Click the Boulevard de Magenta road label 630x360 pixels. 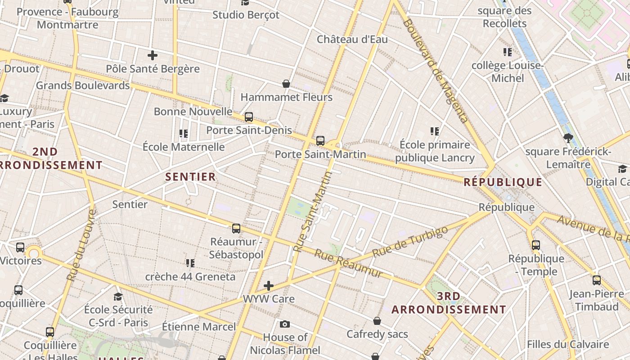pos(436,71)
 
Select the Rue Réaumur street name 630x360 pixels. pos(348,263)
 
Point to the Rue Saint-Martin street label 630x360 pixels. pos(312,211)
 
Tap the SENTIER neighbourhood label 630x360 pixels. pos(190,177)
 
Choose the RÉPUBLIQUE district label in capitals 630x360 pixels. pos(503,182)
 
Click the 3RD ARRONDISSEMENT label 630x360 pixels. pos(449,303)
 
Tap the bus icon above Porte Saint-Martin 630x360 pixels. pos(320,141)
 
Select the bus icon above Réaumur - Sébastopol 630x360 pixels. pos(236,228)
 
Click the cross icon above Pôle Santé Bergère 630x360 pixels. pos(153,55)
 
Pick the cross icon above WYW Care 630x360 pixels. pos(269,286)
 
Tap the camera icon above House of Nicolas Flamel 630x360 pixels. pos(285,324)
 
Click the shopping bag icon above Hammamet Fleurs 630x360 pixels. pos(286,84)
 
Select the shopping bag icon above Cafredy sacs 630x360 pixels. pos(377,321)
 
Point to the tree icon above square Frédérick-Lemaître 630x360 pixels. pos(568,138)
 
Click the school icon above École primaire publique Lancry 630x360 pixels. pos(434,131)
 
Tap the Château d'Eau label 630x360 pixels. pos(352,39)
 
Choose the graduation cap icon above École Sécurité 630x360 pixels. pos(118,296)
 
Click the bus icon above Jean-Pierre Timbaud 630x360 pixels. pos(597,280)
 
